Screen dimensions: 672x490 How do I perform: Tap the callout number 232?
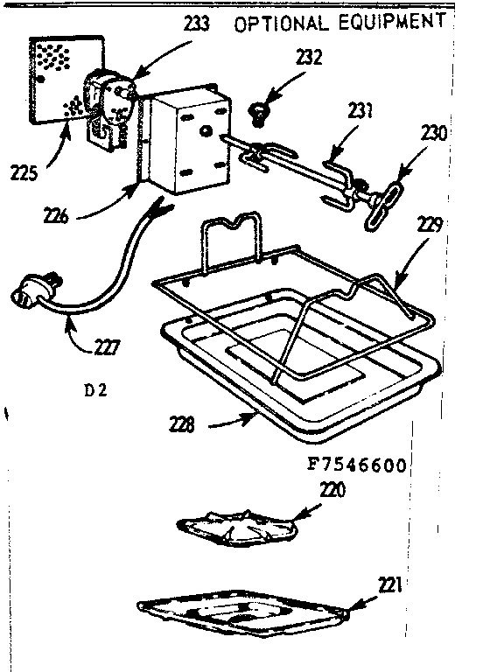click(x=283, y=59)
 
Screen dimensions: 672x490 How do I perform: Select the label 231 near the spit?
click(x=357, y=111)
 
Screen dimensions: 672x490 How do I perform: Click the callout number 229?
click(x=429, y=226)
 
